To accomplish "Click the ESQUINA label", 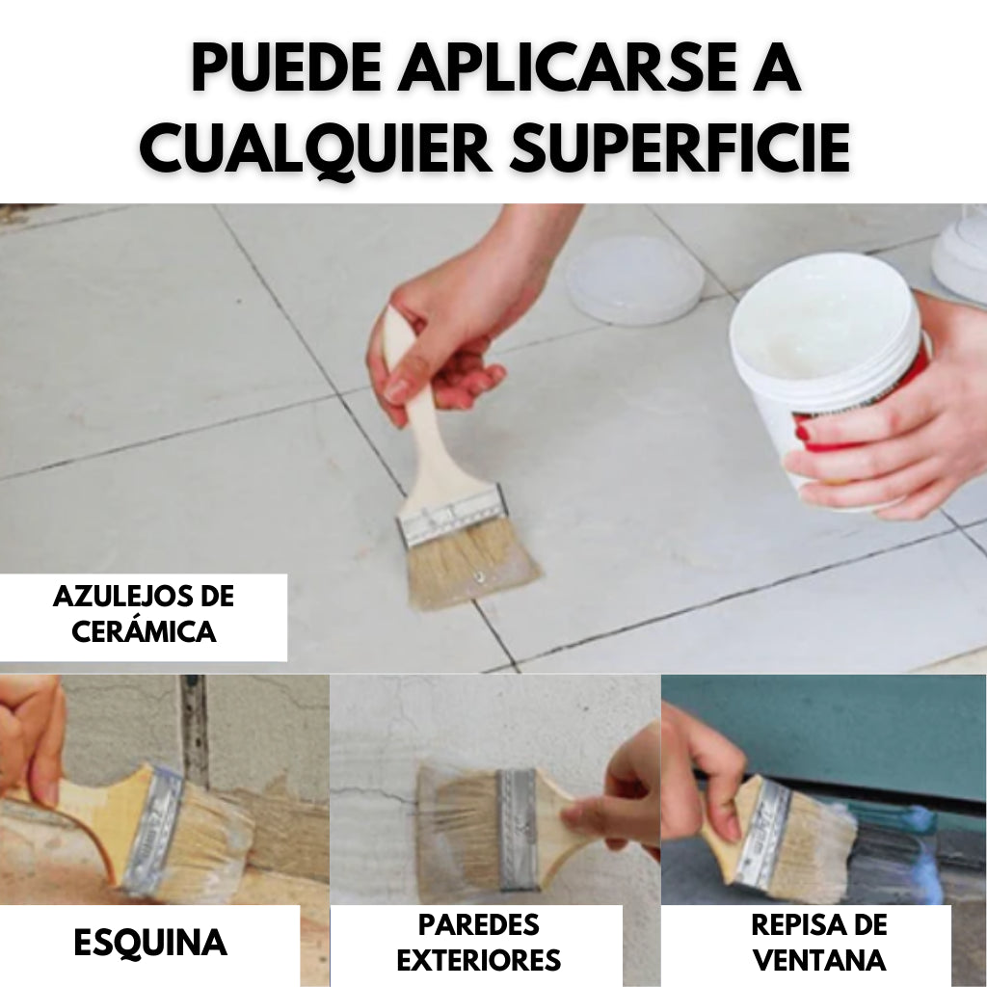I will coord(150,942).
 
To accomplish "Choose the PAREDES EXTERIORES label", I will coord(479,942).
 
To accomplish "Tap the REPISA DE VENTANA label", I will coord(818,942).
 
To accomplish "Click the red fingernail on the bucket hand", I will coord(802,433).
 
